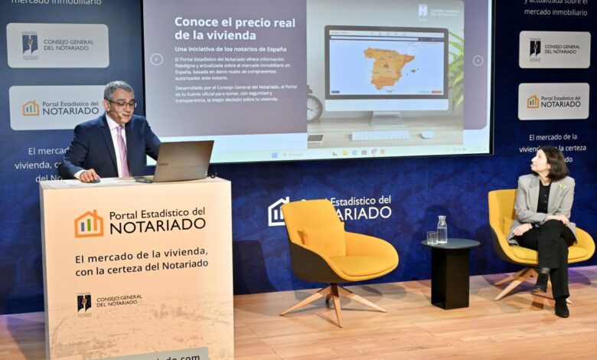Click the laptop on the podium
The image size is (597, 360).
(x=183, y=161)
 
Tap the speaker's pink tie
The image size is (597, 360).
(x=122, y=151)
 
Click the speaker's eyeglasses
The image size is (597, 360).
(x=122, y=103)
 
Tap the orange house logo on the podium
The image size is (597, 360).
(x=89, y=224)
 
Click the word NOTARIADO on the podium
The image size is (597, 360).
(x=157, y=225)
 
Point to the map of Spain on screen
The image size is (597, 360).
(x=388, y=67)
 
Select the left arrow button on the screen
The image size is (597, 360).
(x=156, y=59)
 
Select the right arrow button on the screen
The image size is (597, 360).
(x=478, y=61)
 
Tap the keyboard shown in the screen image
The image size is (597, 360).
(x=380, y=135)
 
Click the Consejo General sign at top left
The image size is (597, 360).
(x=57, y=45)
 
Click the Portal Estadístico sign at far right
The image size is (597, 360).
(x=553, y=101)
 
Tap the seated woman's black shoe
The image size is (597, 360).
(x=561, y=307)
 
